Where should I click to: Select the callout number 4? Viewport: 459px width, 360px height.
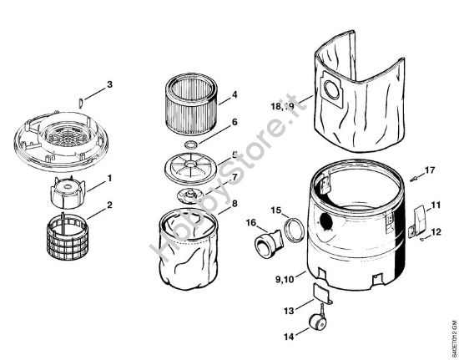click(x=235, y=94)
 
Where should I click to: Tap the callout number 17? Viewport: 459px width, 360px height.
click(x=431, y=170)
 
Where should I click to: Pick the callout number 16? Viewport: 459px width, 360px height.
click(x=250, y=222)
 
